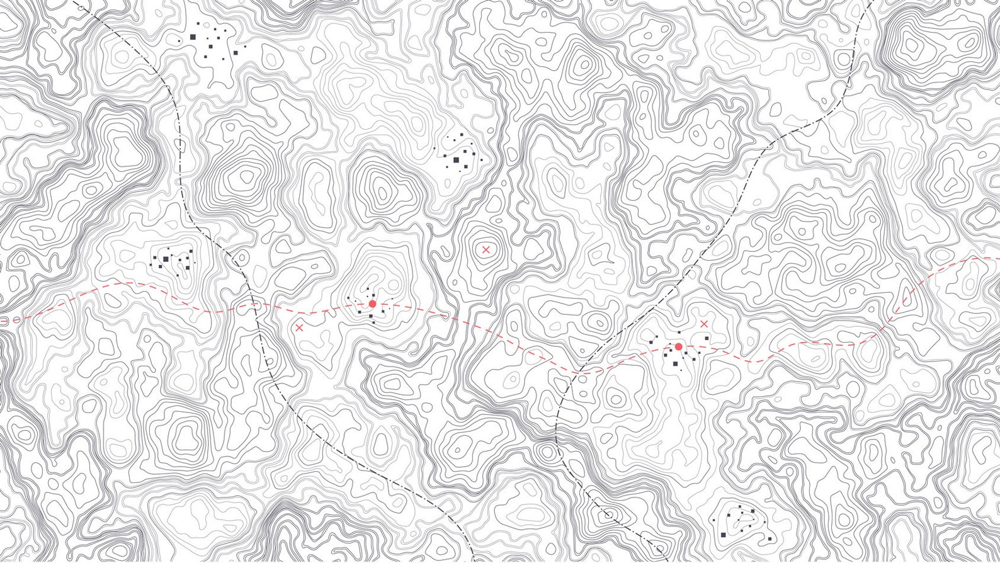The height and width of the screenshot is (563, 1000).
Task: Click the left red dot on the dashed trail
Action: point(372,304)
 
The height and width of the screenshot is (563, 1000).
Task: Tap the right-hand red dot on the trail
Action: point(678,346)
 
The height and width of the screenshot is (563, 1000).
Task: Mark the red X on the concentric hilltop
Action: point(486,249)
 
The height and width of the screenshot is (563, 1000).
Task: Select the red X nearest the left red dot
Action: point(299,327)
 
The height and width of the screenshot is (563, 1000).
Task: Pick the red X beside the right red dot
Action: point(704,323)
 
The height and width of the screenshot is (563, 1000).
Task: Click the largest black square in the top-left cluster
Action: point(193,37)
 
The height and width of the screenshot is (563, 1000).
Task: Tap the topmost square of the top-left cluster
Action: point(197,24)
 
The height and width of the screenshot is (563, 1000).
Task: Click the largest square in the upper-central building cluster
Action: point(456,160)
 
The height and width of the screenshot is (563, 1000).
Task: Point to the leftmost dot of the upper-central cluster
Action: point(434,149)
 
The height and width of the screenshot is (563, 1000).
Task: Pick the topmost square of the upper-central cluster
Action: point(463,134)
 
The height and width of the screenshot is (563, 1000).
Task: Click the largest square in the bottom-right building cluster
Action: point(722,535)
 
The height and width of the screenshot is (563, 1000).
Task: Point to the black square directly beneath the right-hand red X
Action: point(707,338)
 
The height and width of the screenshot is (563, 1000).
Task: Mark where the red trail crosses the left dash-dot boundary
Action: point(254,304)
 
